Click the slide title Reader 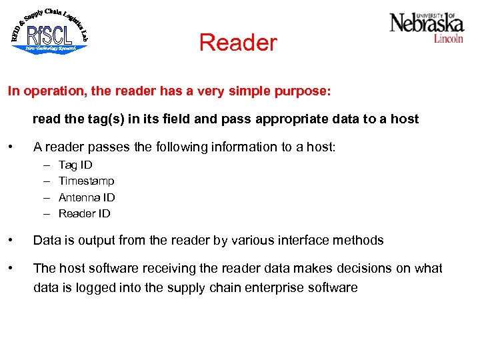238,43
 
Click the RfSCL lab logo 49,31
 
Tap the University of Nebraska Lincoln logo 427,27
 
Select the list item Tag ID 75,165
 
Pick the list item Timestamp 87,181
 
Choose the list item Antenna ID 87,197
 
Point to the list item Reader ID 85,213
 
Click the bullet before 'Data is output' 10,240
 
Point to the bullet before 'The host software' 10,268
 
